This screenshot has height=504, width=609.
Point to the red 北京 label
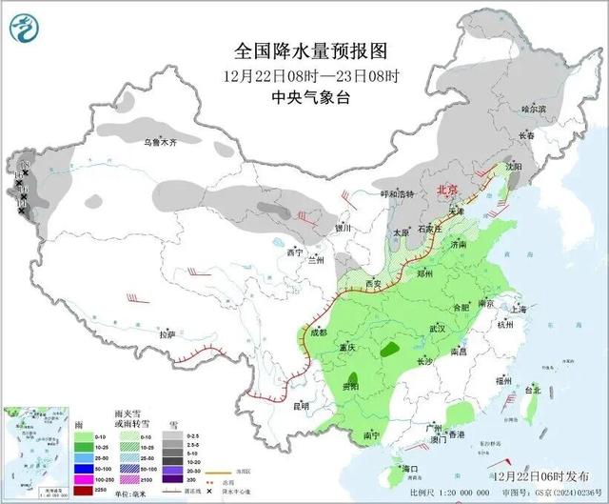click(447, 191)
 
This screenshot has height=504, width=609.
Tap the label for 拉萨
click(167, 334)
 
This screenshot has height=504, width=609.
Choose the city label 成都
click(319, 333)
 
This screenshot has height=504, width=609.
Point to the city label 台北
click(533, 391)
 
